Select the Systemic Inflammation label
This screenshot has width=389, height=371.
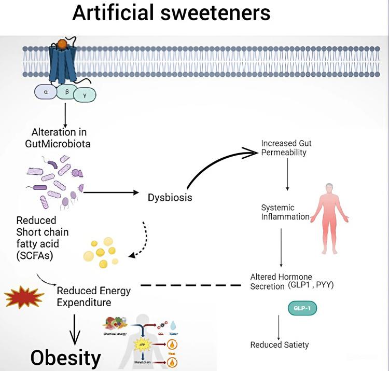[285, 212]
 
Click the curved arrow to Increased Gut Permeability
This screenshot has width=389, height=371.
[218, 166]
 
